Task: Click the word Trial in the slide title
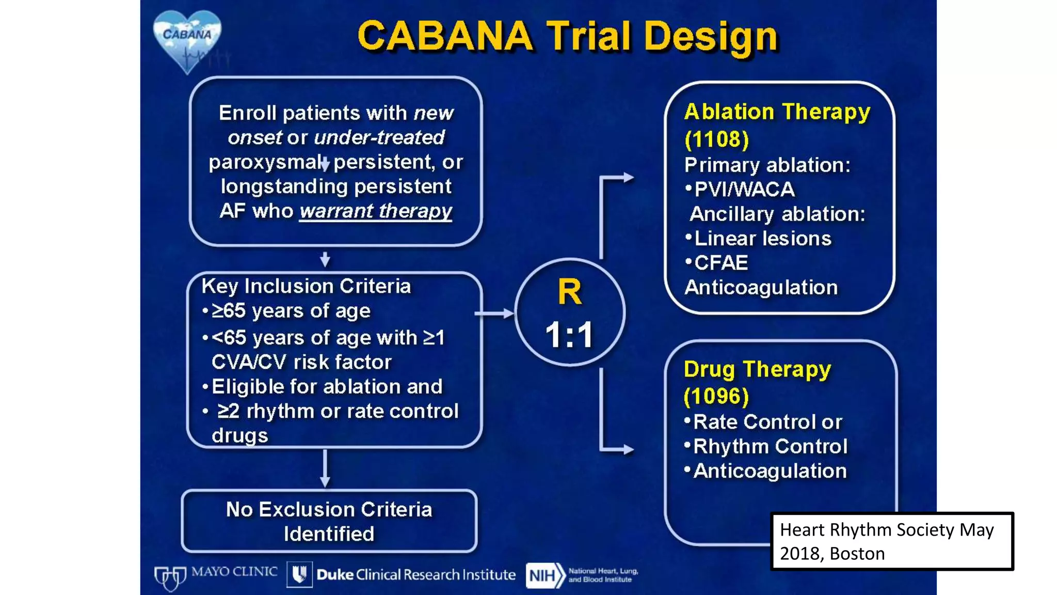pyautogui.click(x=588, y=36)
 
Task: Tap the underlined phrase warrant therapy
pyautogui.click(x=375, y=211)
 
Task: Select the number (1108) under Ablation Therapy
pyautogui.click(x=716, y=139)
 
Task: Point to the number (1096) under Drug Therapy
pyautogui.click(x=716, y=396)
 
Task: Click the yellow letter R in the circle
pyautogui.click(x=569, y=292)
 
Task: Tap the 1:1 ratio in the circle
pyautogui.click(x=569, y=335)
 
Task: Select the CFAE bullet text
pyautogui.click(x=720, y=263)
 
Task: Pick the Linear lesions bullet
pyautogui.click(x=762, y=239)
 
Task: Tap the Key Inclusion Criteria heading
pyautogui.click(x=306, y=286)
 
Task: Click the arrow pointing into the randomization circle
pyautogui.click(x=495, y=313)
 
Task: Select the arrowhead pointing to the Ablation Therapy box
pyautogui.click(x=628, y=178)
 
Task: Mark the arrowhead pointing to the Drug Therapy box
pyautogui.click(x=628, y=449)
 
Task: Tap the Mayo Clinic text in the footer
pyautogui.click(x=234, y=572)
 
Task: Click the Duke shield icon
pyautogui.click(x=299, y=574)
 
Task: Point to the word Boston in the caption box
pyautogui.click(x=857, y=554)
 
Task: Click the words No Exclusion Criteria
pyautogui.click(x=329, y=510)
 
